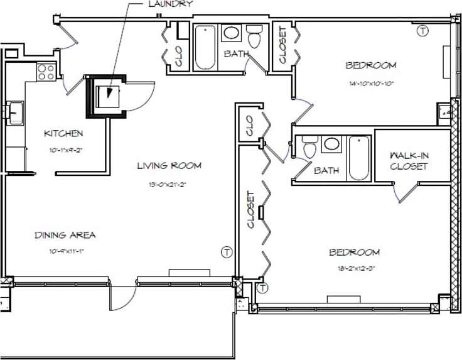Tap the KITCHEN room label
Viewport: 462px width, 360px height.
click(x=63, y=133)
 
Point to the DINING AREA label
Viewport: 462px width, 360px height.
click(x=65, y=235)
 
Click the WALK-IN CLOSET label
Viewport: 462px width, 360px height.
click(x=409, y=161)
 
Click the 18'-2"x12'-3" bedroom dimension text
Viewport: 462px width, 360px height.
click(x=355, y=268)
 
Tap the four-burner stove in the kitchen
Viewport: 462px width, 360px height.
click(x=46, y=72)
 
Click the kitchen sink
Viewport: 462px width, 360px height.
click(x=14, y=113)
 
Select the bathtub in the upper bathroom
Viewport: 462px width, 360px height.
click(x=205, y=48)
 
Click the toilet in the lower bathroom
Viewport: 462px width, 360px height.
click(x=309, y=150)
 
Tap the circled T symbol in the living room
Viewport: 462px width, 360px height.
click(x=227, y=253)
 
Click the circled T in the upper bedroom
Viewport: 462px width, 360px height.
click(x=423, y=30)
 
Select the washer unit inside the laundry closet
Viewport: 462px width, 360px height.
click(x=107, y=95)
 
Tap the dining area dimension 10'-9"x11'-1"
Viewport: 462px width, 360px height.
click(x=65, y=251)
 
